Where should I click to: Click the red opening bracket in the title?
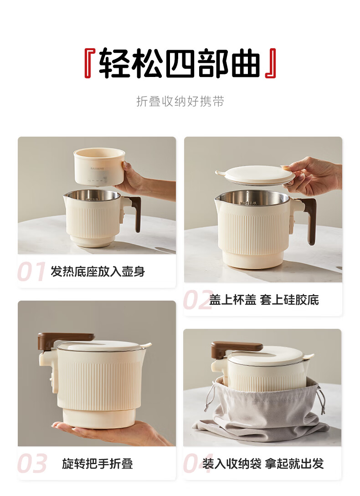click(x=88, y=63)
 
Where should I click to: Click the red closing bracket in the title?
click(x=272, y=63)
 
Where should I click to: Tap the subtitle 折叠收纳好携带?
click(x=180, y=101)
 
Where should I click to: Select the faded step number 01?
click(x=31, y=272)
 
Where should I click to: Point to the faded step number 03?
click(x=32, y=464)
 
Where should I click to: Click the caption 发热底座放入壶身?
click(x=98, y=271)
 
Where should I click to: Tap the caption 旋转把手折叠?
click(x=98, y=464)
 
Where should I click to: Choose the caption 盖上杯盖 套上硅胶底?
click(x=264, y=300)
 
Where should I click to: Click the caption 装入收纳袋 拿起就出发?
click(x=263, y=464)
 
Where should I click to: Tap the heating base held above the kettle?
click(x=99, y=167)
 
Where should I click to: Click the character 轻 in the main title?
click(x=115, y=63)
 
